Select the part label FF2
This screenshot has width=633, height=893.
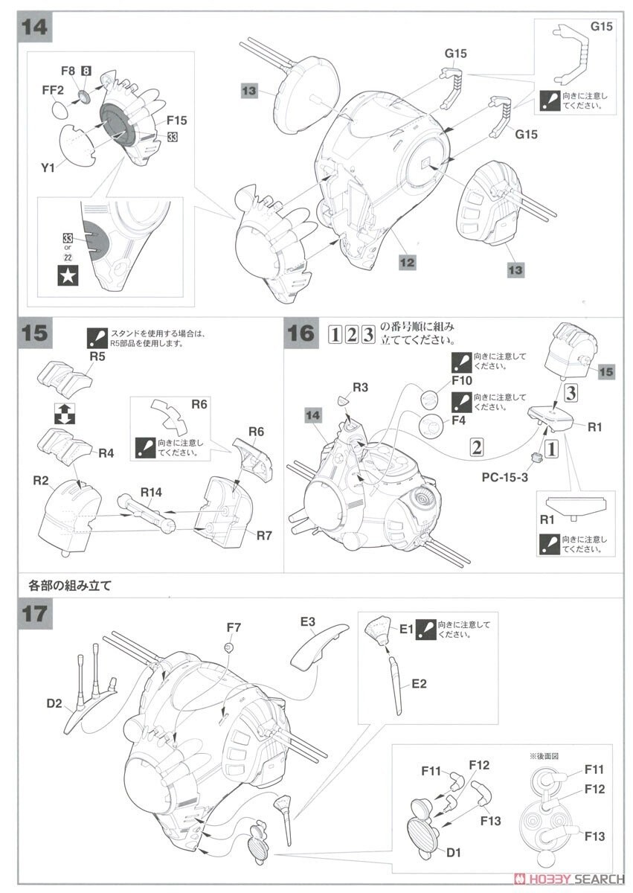coord(52,91)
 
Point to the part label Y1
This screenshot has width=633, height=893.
coord(48,168)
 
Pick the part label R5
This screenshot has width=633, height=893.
coord(98,356)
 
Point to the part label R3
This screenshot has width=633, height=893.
coord(361,388)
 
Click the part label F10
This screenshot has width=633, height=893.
coord(462,382)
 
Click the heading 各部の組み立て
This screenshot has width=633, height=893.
coord(77,585)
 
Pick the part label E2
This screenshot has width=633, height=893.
coord(419,683)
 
